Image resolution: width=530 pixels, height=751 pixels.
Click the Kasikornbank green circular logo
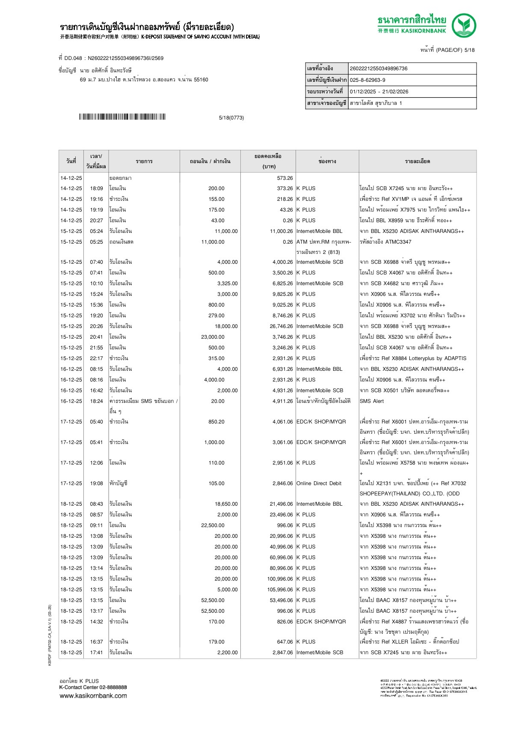click(464, 25)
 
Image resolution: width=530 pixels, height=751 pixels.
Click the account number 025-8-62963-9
click(367, 80)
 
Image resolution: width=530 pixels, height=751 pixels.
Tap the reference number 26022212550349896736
click(379, 69)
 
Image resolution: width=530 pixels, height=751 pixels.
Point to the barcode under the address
click(122, 117)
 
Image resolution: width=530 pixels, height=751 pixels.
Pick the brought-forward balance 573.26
click(284, 178)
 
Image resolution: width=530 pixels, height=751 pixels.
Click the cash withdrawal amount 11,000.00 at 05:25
click(213, 242)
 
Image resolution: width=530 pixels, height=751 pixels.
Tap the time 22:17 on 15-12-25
click(96, 358)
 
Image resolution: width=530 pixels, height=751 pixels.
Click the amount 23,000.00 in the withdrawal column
click(213, 337)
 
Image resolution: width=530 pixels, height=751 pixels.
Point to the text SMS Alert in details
click(371, 401)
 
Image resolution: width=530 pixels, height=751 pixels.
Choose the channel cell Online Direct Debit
click(319, 483)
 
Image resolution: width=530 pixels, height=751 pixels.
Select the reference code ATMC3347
click(398, 242)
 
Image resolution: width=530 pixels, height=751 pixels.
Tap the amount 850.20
click(216, 422)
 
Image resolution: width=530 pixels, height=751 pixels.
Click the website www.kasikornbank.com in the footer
click(93, 696)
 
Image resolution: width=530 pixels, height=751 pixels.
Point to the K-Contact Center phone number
click(113, 687)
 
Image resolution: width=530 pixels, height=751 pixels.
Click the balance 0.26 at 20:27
click(287, 221)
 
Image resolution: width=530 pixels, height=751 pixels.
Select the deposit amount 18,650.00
click(226, 504)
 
